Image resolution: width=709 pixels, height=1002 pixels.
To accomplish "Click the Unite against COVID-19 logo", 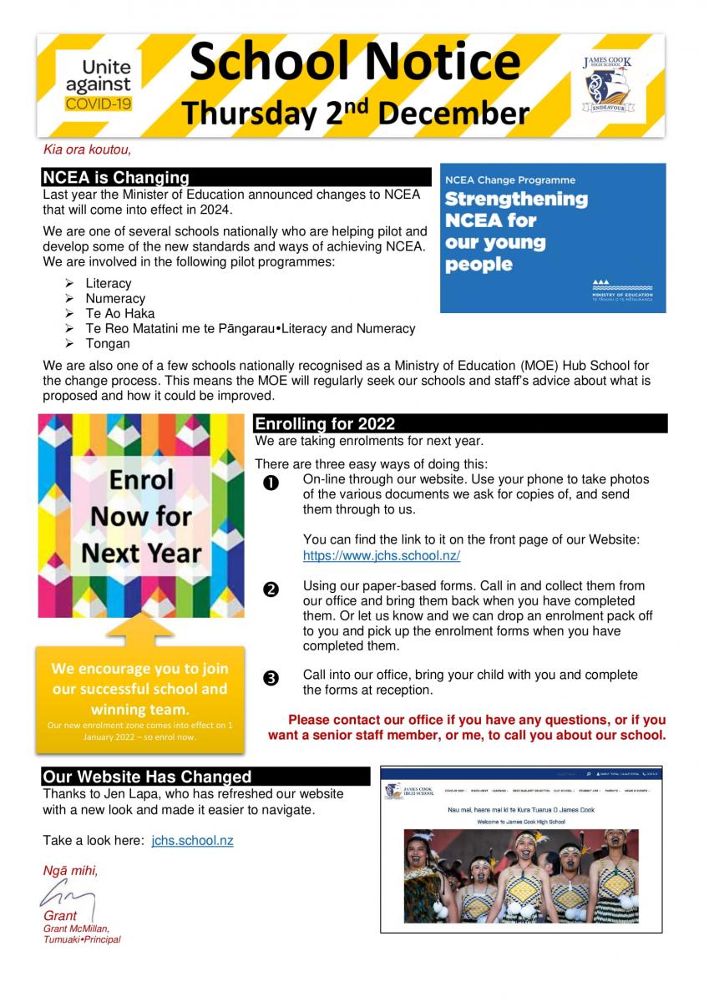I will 99,85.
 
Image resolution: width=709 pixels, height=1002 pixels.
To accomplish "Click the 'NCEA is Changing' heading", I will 116,177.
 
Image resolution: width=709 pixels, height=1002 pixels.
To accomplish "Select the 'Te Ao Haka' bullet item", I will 119,313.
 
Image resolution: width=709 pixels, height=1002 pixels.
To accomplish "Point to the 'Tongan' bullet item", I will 108,343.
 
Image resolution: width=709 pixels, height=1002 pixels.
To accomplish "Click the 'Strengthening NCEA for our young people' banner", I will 552,238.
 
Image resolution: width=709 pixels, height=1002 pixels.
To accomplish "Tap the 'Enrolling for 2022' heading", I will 325,423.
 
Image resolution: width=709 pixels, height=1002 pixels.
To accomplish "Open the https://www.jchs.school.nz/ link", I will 382,555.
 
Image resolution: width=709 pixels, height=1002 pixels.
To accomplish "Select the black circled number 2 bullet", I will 271,590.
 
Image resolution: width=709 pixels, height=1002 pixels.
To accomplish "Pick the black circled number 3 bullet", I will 271,678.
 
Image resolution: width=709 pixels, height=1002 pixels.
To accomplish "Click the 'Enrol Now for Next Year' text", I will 141,516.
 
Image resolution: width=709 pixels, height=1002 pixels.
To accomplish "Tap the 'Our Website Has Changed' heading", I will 147,777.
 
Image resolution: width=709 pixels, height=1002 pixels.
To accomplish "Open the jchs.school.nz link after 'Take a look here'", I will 192,841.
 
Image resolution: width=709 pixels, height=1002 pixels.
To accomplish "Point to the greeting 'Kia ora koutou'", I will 88,150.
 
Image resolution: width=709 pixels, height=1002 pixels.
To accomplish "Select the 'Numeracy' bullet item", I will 115,298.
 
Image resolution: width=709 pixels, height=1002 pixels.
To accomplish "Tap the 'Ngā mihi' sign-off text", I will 71,871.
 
